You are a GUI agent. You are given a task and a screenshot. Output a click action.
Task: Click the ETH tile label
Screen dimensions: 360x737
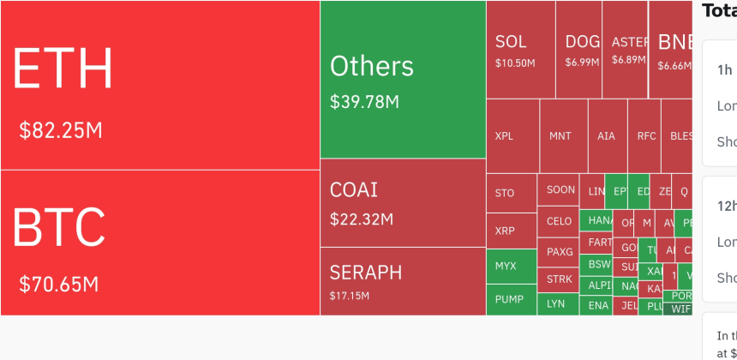click(63, 69)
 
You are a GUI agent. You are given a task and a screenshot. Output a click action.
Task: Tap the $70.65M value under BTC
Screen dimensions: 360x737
click(59, 284)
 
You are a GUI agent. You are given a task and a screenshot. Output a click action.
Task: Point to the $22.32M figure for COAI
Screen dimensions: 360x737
click(362, 219)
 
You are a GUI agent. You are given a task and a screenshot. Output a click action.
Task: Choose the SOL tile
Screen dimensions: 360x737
click(511, 41)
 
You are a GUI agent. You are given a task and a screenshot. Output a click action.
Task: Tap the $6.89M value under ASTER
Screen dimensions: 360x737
click(628, 60)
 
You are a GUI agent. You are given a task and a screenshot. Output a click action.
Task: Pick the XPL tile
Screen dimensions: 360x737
click(505, 135)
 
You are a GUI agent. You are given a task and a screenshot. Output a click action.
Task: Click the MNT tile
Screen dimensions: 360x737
click(560, 135)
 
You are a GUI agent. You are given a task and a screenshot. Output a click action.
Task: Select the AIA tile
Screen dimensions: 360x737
click(606, 135)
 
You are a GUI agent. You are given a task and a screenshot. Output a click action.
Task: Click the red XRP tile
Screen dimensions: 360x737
click(505, 231)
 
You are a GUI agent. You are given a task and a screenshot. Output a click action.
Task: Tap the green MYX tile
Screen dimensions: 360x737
click(506, 266)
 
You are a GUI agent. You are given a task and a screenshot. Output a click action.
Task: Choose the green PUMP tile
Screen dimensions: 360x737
click(509, 299)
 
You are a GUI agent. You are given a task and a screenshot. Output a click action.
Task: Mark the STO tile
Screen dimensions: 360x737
click(505, 193)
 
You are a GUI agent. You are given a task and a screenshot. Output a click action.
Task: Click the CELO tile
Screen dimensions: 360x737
click(559, 221)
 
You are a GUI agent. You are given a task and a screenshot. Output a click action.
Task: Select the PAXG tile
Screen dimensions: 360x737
click(559, 252)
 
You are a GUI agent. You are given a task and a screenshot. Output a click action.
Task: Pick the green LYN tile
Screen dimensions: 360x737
click(556, 303)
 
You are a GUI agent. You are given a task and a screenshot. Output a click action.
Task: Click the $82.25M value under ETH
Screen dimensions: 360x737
click(61, 130)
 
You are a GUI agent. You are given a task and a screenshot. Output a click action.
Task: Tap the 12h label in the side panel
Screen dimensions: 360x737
click(726, 206)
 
